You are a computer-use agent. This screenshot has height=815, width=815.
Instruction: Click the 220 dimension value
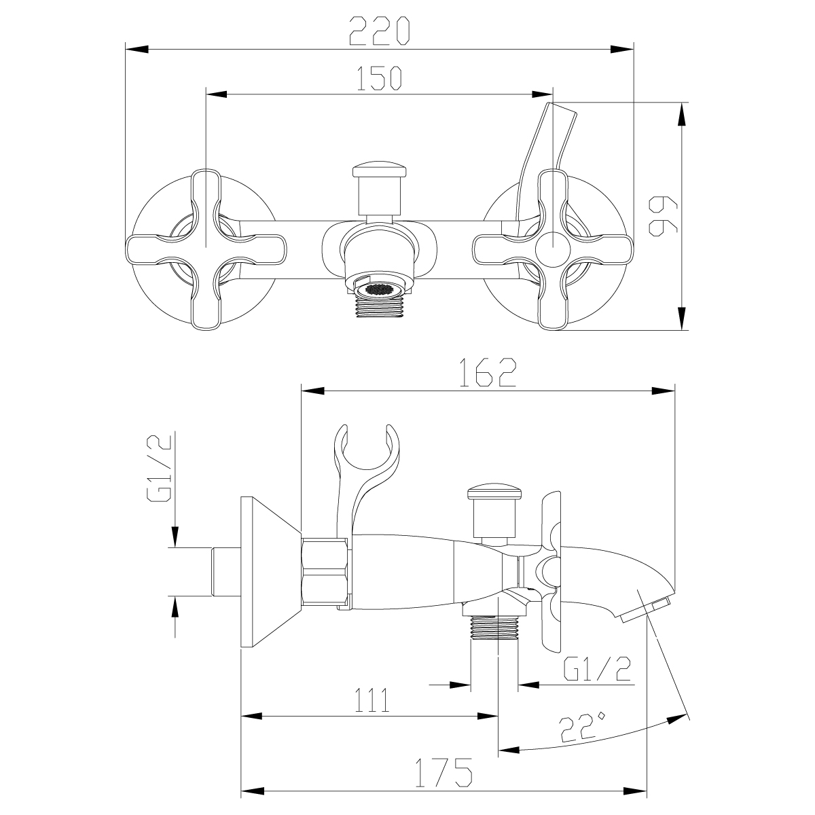pyautogui.click(x=380, y=31)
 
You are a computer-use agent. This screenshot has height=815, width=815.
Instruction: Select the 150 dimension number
pyautogui.click(x=379, y=78)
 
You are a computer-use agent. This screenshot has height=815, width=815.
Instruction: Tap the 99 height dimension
pyautogui.click(x=662, y=216)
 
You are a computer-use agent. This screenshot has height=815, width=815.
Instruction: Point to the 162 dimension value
pyautogui.click(x=488, y=373)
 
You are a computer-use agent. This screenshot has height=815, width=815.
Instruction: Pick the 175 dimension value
pyautogui.click(x=443, y=772)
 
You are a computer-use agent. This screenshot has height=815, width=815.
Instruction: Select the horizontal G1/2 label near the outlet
pyautogui.click(x=597, y=668)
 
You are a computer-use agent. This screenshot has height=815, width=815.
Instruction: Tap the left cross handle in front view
pyautogui.click(x=206, y=249)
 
